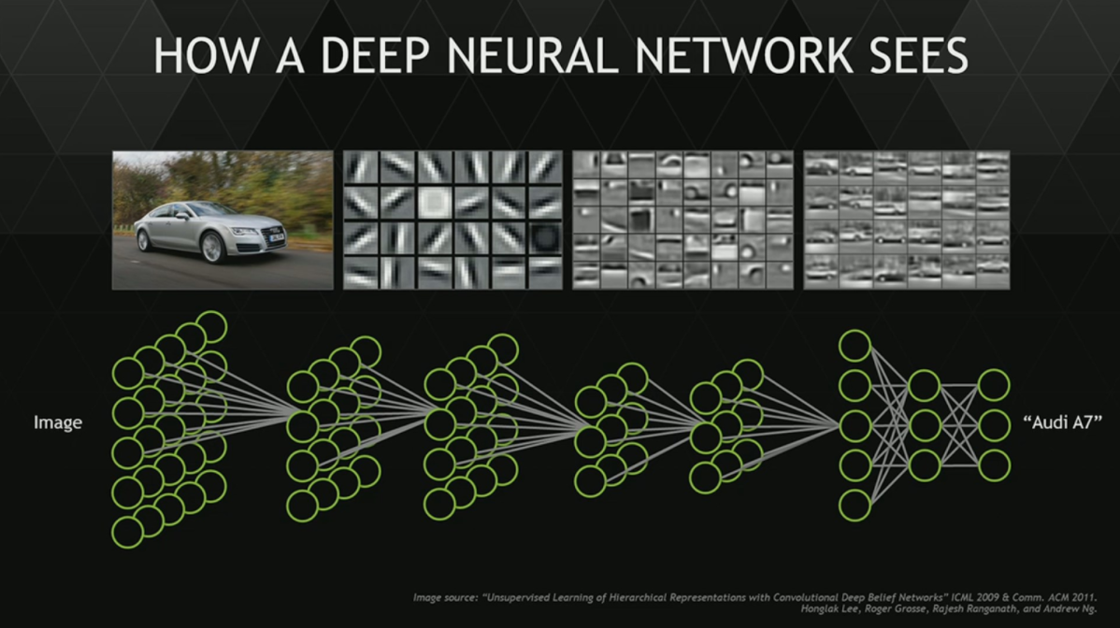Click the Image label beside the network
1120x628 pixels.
(58, 423)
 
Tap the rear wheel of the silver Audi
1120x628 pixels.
(143, 239)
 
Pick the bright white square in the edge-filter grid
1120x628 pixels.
(434, 202)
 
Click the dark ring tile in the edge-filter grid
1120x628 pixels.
(543, 237)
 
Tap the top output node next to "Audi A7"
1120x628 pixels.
(994, 385)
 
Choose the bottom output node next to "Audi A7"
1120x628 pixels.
(994, 464)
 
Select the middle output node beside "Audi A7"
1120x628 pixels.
(994, 425)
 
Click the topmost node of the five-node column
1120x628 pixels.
(854, 346)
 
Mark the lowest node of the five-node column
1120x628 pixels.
(854, 505)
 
